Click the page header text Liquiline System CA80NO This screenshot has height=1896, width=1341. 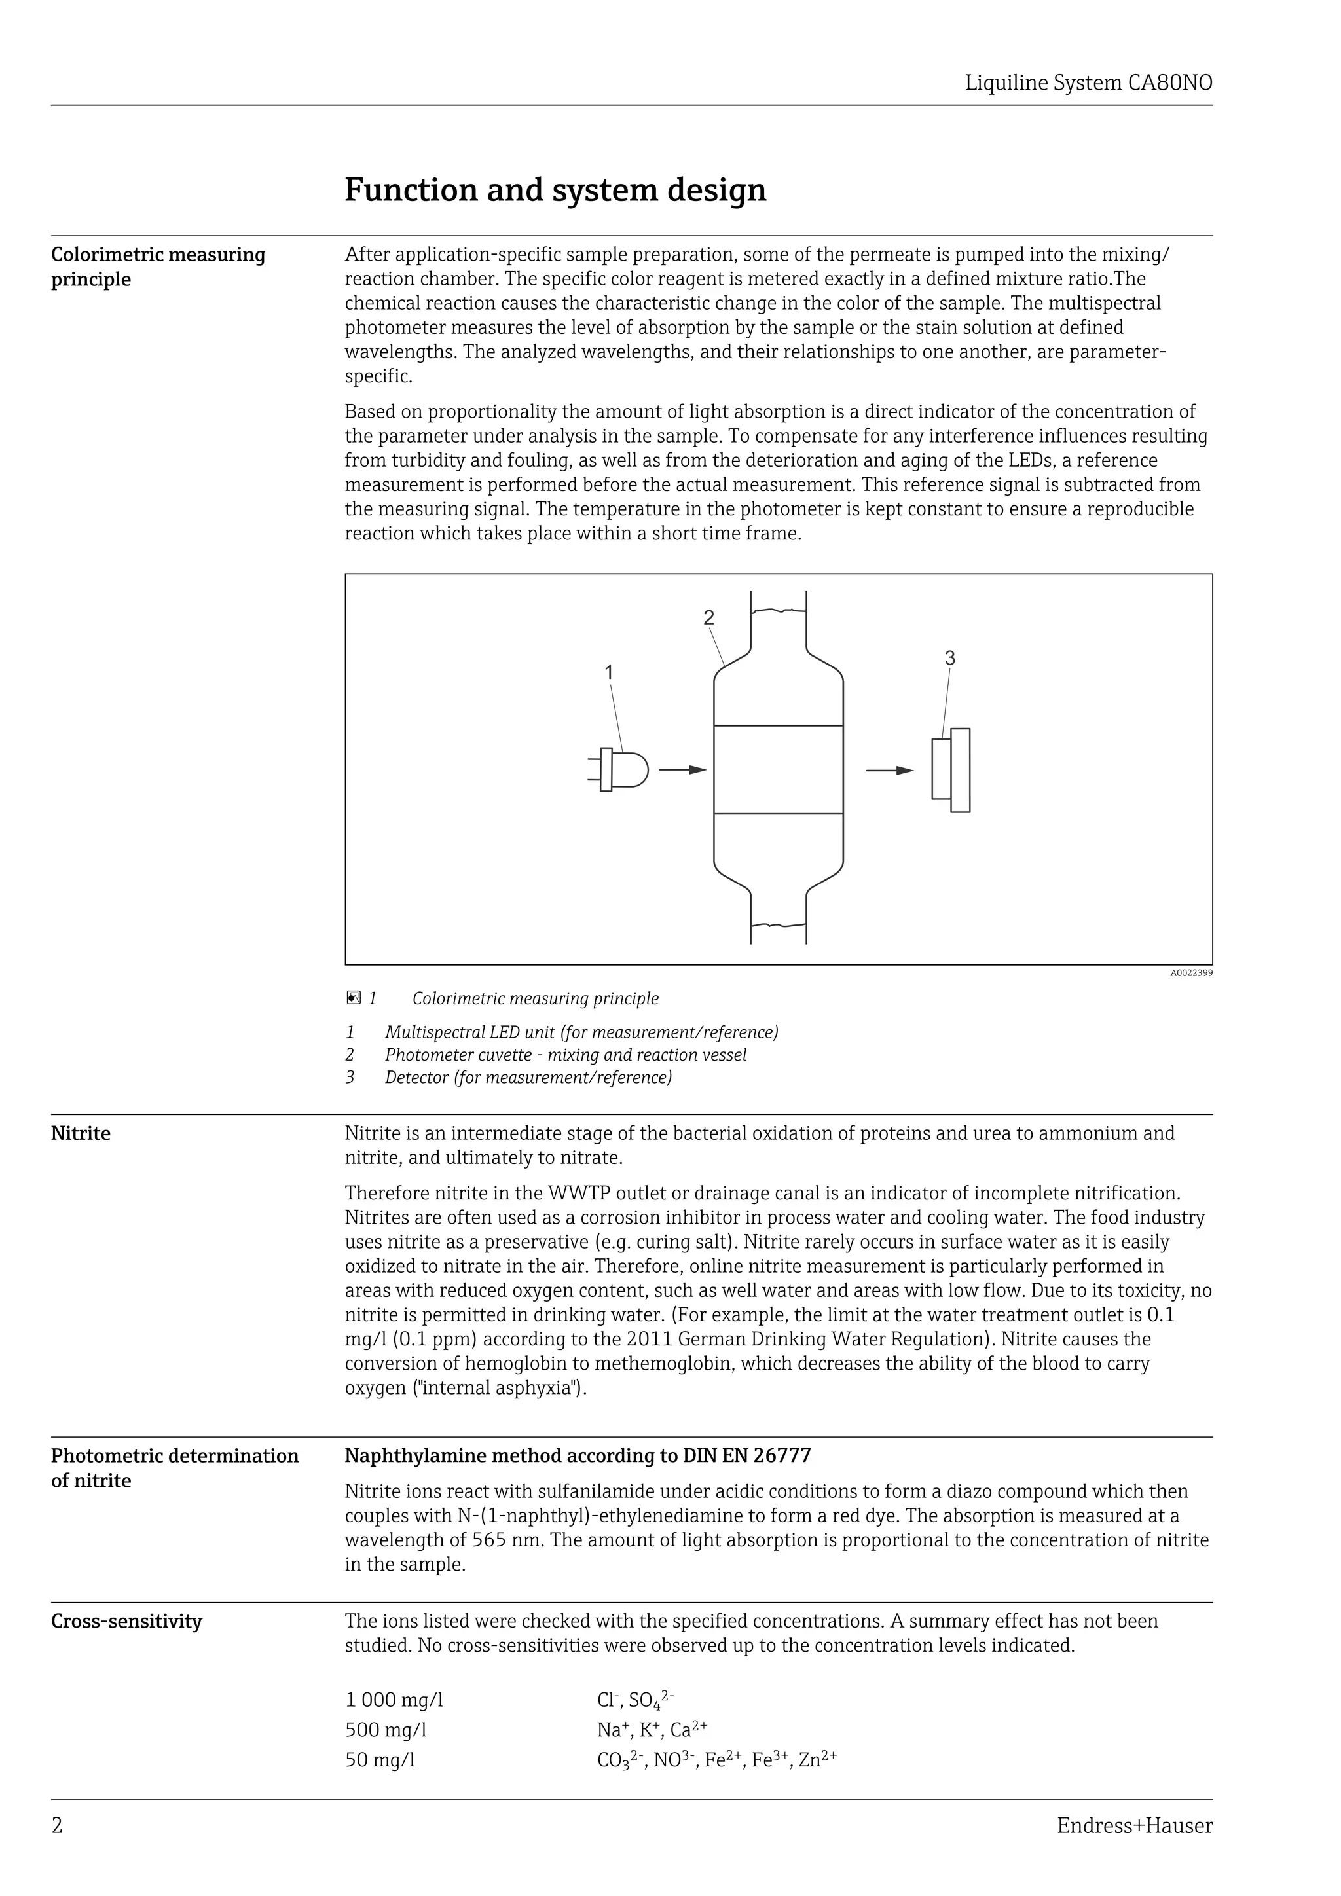[1088, 83]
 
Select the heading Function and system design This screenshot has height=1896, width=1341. [555, 190]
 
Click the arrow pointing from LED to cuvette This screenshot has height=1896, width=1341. [683, 770]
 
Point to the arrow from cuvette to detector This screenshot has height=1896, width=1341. [889, 771]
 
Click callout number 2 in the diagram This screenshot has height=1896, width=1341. [708, 617]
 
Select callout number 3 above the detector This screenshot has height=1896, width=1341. [949, 658]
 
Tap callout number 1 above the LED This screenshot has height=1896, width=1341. [608, 672]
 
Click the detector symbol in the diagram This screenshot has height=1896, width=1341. [951, 770]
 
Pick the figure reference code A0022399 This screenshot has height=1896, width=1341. [1190, 973]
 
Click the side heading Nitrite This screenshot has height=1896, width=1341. [81, 1134]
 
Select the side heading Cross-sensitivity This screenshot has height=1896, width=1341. [126, 1621]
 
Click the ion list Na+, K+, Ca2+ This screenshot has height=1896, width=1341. [652, 1730]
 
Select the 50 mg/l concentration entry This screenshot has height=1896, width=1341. [380, 1760]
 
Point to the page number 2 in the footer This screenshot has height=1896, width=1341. [57, 1826]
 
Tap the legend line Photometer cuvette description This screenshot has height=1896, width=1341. [565, 1055]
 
